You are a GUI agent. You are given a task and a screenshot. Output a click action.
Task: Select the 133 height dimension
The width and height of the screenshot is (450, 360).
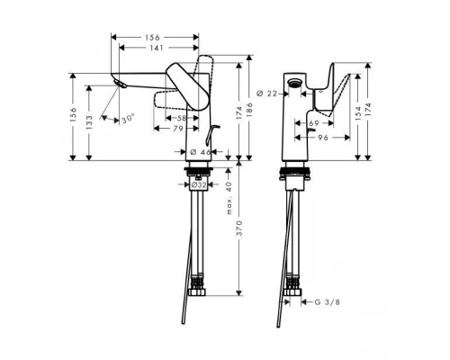[87, 123]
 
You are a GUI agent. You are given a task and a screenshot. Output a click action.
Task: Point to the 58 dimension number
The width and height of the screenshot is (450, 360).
[182, 119]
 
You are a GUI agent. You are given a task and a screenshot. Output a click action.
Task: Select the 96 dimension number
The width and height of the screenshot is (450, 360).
[321, 139]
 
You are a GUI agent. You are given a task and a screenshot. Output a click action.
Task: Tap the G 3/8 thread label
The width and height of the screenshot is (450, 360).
[328, 303]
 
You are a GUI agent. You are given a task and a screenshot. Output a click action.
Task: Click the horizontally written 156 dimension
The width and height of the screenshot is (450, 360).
[155, 37]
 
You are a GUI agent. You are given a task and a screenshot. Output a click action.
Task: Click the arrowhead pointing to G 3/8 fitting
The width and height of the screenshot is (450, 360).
[305, 303]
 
